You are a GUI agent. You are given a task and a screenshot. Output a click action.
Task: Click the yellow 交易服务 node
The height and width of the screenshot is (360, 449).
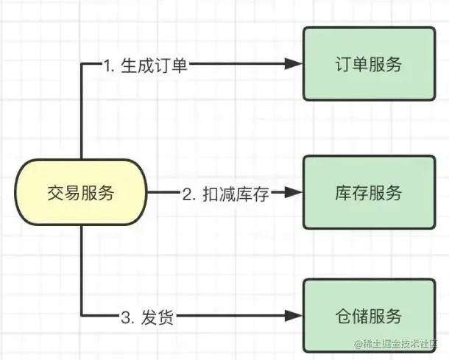point(80,194)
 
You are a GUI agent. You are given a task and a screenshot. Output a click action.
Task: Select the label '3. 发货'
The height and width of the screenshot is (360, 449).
point(148,318)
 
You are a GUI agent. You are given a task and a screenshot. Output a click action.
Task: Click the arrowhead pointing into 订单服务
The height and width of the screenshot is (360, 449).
point(295,65)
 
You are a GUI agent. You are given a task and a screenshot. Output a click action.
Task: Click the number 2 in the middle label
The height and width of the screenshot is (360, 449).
point(188,194)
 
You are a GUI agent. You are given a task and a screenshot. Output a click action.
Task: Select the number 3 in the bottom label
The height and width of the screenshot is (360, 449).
point(124,318)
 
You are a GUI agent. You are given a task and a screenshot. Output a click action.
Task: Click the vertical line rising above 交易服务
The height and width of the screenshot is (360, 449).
point(81,110)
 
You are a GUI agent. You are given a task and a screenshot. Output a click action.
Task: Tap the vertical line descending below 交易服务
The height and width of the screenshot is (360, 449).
point(81,272)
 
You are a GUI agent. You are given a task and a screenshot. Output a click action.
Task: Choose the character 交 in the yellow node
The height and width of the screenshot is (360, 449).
point(54,194)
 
